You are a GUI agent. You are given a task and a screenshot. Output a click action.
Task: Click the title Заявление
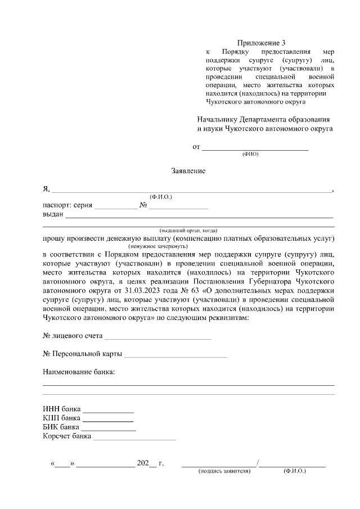point(188,171)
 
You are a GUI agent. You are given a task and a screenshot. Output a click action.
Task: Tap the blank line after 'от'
point(255,148)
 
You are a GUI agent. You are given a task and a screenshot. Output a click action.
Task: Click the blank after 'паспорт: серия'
point(115,206)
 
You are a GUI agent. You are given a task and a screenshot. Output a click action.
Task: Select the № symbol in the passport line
point(143,205)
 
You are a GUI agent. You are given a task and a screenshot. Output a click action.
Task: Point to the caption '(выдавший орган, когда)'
point(188,231)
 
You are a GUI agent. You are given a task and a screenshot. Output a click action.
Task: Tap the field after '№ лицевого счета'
point(158,337)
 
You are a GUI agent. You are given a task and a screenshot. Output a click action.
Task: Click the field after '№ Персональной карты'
point(175,355)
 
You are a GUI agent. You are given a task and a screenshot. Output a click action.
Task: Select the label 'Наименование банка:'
point(79,372)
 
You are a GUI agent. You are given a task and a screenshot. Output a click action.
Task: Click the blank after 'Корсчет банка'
point(134,438)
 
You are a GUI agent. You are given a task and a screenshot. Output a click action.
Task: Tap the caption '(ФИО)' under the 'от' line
point(250,154)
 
